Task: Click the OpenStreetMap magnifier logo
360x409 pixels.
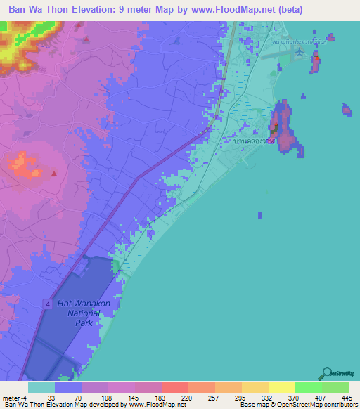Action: click(x=326, y=373)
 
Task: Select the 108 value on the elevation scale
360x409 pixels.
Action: click(x=105, y=398)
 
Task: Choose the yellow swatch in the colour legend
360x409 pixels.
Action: click(x=281, y=387)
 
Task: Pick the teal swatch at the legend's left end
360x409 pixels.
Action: click(x=41, y=387)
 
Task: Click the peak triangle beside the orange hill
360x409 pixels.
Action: click(x=54, y=172)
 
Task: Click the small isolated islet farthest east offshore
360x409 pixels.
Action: click(x=346, y=109)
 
